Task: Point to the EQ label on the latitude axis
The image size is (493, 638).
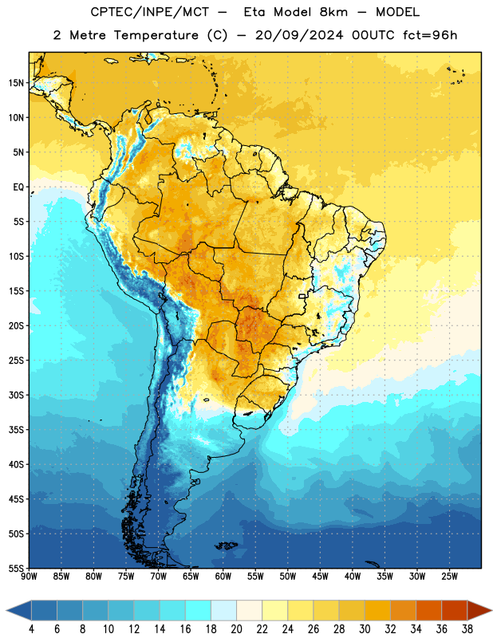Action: (x=18, y=187)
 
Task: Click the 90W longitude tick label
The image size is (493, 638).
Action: (x=29, y=577)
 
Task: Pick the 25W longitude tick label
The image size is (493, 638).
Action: (x=449, y=577)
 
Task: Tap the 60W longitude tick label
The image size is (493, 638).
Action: (x=223, y=577)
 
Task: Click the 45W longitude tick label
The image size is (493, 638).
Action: (x=320, y=577)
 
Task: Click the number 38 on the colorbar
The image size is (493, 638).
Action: (x=467, y=629)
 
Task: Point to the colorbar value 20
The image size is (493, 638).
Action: (x=236, y=629)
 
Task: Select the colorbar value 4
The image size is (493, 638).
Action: (x=31, y=629)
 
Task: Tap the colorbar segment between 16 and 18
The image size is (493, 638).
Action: (x=199, y=610)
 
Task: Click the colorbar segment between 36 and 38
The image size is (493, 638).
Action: (x=455, y=610)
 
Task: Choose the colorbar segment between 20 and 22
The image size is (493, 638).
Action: (x=249, y=610)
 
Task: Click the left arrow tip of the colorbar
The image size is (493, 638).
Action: (x=6, y=610)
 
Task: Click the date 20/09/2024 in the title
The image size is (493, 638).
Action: (x=299, y=35)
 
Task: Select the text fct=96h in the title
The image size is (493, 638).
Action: (x=430, y=35)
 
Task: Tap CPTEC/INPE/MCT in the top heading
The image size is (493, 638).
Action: (x=150, y=13)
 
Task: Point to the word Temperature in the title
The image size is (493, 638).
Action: (x=156, y=35)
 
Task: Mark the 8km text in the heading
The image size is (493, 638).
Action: (x=333, y=12)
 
